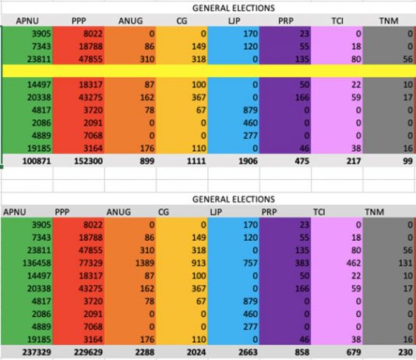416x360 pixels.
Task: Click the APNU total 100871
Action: pos(37,161)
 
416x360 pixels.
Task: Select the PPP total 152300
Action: pos(88,161)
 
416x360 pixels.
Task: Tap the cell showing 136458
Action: pos(37,263)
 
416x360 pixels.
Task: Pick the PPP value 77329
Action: pos(90,263)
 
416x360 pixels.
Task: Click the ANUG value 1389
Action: pos(145,263)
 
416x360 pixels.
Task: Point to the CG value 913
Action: pos(199,263)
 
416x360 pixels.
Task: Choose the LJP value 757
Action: pos(250,263)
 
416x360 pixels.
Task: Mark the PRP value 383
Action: pos(302,263)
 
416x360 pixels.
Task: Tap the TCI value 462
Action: pos(354,263)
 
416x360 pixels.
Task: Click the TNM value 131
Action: pos(406,263)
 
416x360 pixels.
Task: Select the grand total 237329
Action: pos(37,352)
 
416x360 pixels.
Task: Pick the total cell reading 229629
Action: pos(88,352)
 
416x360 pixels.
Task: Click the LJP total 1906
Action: pos(248,161)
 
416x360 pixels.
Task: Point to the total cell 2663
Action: pos(248,352)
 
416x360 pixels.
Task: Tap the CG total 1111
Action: pos(196,161)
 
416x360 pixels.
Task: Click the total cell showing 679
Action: pos(354,352)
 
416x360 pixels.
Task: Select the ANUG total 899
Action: pos(147,161)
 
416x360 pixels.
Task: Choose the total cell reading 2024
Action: pos(196,352)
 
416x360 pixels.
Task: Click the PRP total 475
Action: pos(302,161)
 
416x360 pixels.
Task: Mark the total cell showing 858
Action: pos(302,352)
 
